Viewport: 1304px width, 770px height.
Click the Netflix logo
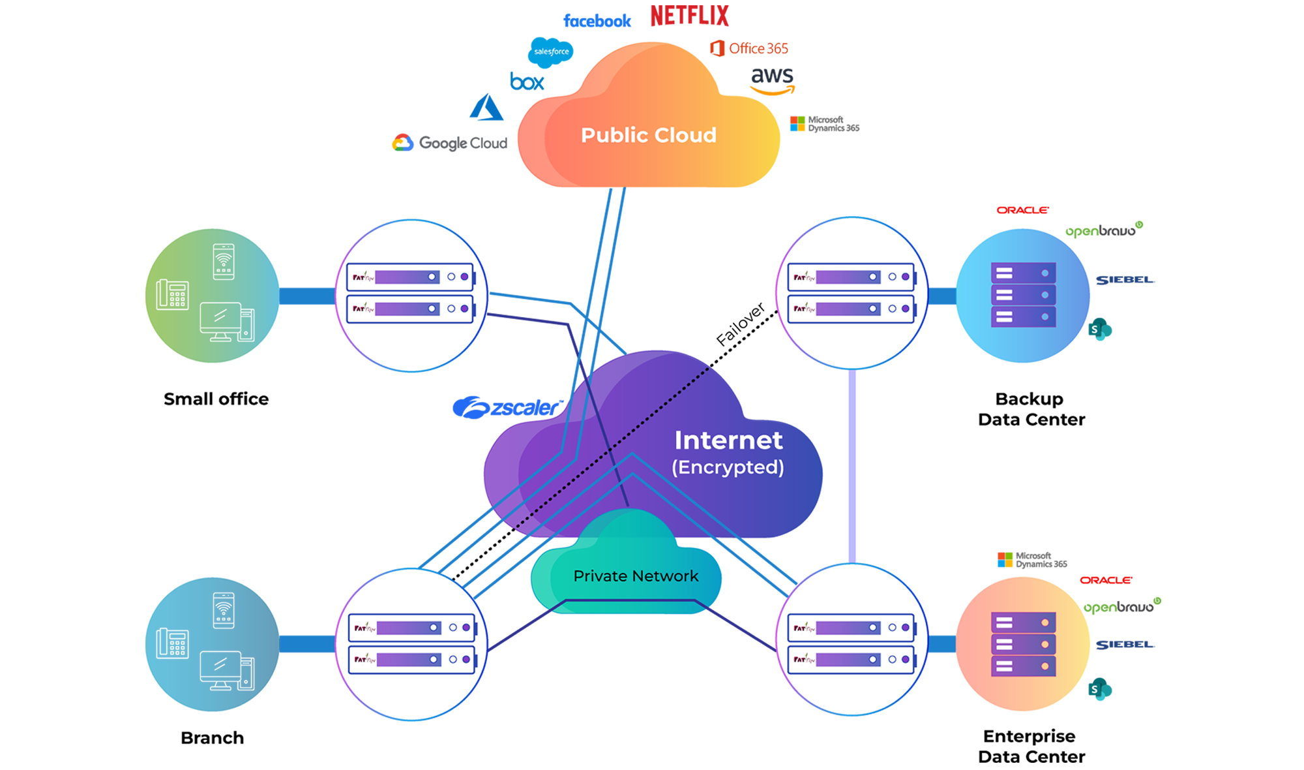[x=689, y=16]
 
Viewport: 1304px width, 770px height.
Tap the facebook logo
[x=597, y=21]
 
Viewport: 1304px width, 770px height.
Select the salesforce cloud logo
[x=551, y=52]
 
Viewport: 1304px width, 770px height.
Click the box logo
[x=527, y=82]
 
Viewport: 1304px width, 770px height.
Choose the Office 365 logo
[x=749, y=48]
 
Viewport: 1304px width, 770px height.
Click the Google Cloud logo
[x=450, y=143]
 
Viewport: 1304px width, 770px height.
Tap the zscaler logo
[x=507, y=408]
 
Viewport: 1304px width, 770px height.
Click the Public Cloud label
[x=649, y=135]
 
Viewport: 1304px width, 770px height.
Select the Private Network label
[x=636, y=576]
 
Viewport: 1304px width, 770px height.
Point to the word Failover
[x=740, y=324]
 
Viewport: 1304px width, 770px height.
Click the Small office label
[x=216, y=399]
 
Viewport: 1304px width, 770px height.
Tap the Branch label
[x=212, y=737]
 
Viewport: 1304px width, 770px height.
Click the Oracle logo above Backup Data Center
[x=1022, y=210]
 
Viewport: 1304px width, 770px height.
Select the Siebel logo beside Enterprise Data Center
[x=1125, y=645]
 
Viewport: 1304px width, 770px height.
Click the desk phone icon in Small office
[x=173, y=295]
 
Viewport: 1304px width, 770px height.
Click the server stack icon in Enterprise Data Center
[x=1023, y=644]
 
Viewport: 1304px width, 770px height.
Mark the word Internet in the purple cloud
[x=728, y=440]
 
